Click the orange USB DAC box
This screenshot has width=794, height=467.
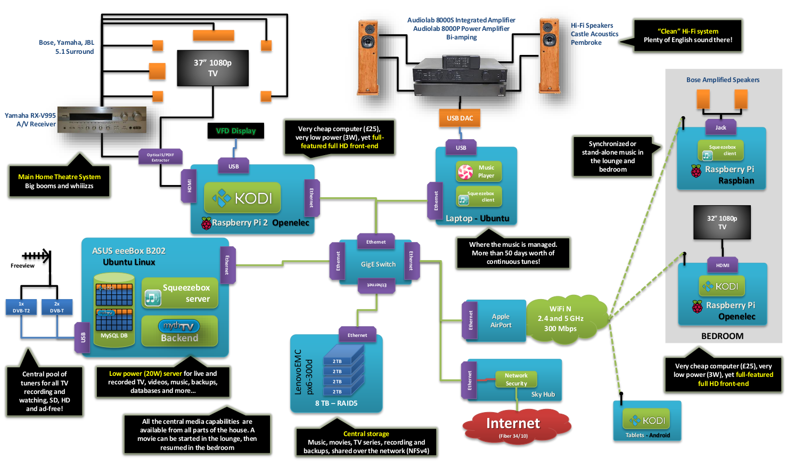(x=460, y=118)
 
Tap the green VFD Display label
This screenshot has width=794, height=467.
(x=235, y=131)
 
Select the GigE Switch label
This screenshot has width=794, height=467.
(x=378, y=264)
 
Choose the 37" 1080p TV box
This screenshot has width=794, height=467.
(x=212, y=68)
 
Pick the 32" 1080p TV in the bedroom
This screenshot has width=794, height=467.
(x=722, y=222)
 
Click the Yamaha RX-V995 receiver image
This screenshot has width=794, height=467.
(x=102, y=119)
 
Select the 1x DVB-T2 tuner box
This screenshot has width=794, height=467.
(x=21, y=307)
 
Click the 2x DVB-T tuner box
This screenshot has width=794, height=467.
(x=56, y=307)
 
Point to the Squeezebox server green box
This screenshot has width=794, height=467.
(x=180, y=293)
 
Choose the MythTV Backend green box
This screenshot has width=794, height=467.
(x=179, y=331)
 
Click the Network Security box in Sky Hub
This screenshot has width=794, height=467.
(x=516, y=379)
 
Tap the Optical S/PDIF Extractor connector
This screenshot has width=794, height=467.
(x=160, y=157)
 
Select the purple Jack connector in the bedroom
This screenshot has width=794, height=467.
(x=721, y=127)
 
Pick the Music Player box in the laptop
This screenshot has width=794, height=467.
(x=479, y=172)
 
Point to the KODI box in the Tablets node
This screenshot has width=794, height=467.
(x=647, y=421)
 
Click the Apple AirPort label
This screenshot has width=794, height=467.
(x=501, y=320)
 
